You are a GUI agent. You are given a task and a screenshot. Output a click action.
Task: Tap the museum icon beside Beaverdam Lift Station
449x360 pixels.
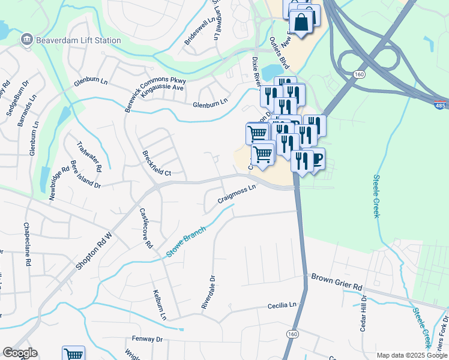(26, 41)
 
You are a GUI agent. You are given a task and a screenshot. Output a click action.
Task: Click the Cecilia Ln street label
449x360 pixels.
(282, 306)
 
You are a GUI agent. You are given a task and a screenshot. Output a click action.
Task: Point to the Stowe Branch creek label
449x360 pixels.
(186, 243)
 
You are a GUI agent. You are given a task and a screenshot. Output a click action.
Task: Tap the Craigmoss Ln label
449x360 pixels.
(237, 194)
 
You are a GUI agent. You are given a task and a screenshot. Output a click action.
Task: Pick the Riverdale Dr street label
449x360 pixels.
(208, 293)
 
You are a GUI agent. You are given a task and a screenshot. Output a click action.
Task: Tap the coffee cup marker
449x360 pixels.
(316, 158)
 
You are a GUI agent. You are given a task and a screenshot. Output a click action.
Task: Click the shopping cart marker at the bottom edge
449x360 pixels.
(73, 354)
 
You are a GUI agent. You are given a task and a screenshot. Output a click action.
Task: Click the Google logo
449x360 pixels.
(20, 353)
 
